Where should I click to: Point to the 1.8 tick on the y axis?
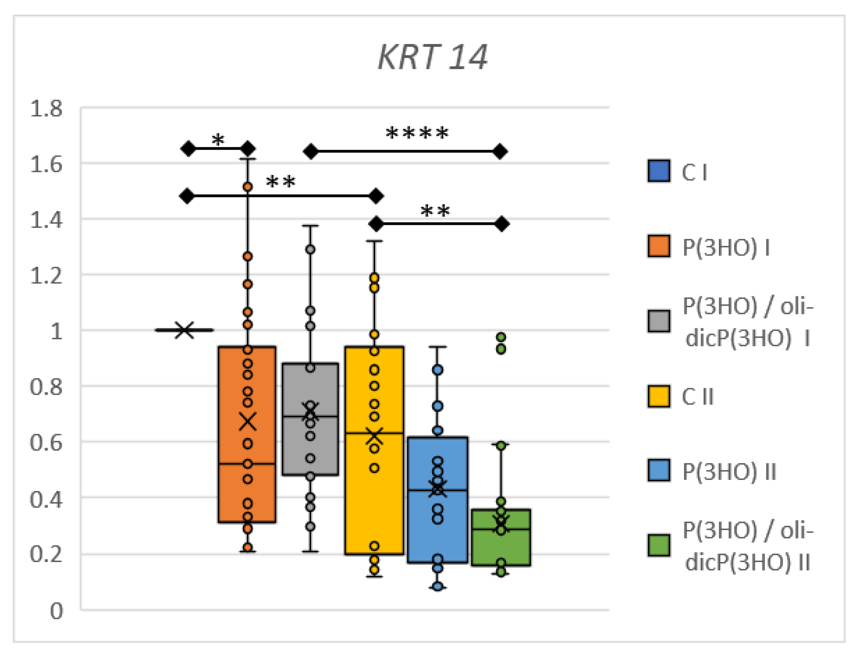pyautogui.click(x=46, y=109)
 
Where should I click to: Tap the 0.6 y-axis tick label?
pyautogui.click(x=46, y=443)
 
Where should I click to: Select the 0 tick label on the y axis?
pyautogui.click(x=56, y=611)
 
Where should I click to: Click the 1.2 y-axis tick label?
pyautogui.click(x=46, y=276)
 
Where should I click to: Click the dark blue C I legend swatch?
pyautogui.click(x=658, y=171)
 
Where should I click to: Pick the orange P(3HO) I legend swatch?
pyautogui.click(x=658, y=246)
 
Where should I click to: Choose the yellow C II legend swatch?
pyautogui.click(x=658, y=396)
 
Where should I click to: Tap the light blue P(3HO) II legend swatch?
pyautogui.click(x=658, y=471)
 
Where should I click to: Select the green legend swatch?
pyautogui.click(x=658, y=545)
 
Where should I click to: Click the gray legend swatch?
pyautogui.click(x=658, y=321)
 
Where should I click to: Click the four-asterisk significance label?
pyautogui.click(x=417, y=134)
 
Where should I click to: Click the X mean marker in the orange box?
pyautogui.click(x=247, y=421)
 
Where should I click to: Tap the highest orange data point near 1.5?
pyautogui.click(x=248, y=187)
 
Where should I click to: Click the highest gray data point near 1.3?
pyautogui.click(x=310, y=250)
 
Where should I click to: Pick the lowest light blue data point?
pyautogui.click(x=438, y=586)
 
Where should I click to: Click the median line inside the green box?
pyautogui.click(x=501, y=529)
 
